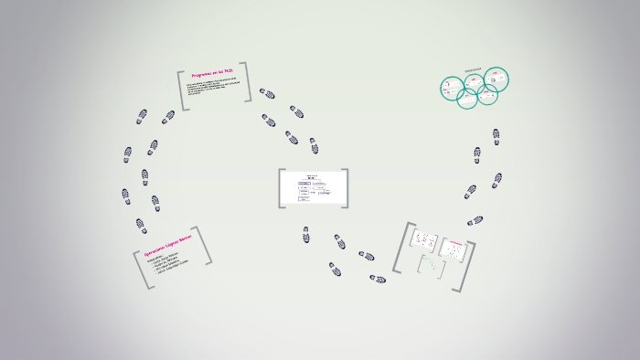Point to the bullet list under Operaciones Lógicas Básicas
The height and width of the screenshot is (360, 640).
click(x=170, y=265)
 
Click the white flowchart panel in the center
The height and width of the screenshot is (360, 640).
click(x=313, y=189)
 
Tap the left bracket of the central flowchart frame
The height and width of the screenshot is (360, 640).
click(x=282, y=189)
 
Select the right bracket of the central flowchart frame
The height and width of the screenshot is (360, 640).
click(x=345, y=189)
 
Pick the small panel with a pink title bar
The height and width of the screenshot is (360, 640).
click(x=453, y=247)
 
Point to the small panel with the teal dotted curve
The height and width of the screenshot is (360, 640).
click(x=431, y=266)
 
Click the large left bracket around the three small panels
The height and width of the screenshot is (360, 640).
click(x=400, y=247)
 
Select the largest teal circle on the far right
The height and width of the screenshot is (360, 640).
click(x=495, y=80)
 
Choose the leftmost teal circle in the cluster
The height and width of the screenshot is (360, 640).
click(x=451, y=89)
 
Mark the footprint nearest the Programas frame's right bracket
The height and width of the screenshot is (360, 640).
click(x=267, y=93)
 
